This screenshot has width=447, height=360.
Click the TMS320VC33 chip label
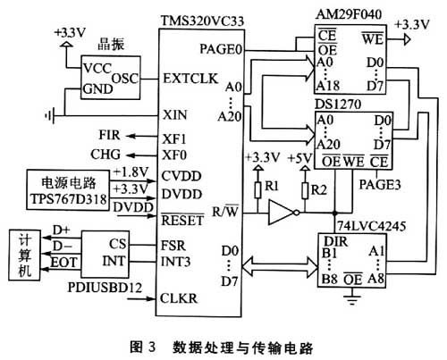point(202,21)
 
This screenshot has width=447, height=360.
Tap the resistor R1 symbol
point(258,190)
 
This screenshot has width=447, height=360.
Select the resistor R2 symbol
point(305,190)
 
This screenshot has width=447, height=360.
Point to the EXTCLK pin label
point(190,79)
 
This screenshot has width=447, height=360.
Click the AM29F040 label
point(349,14)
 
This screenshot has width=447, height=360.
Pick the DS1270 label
point(338,104)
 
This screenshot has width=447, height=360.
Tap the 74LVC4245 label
point(371,226)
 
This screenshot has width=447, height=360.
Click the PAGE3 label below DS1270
point(379,185)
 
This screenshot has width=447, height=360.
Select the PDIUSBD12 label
point(105,288)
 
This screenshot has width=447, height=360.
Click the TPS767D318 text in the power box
point(68,198)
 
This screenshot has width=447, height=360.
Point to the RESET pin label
point(182,220)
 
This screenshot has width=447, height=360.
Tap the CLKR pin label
point(179,298)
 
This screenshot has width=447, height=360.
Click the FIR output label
point(109,135)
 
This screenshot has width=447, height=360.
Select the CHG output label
point(105,155)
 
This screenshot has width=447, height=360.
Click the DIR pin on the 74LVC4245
point(335,241)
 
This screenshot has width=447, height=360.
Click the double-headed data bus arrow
point(280,265)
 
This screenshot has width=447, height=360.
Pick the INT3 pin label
point(175,262)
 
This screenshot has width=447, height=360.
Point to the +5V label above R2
point(299,158)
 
